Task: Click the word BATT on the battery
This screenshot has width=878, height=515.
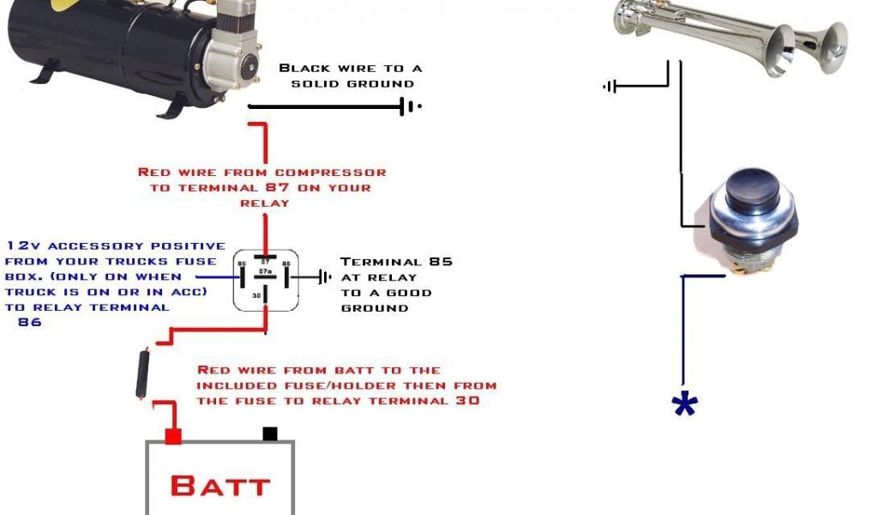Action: [219, 486]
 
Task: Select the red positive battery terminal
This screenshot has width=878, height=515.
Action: [173, 436]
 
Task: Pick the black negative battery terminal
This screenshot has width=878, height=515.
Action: [270, 434]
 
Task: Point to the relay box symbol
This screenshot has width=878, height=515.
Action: [266, 278]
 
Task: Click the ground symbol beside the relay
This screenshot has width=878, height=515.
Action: [324, 277]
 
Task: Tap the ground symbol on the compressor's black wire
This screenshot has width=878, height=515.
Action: [409, 107]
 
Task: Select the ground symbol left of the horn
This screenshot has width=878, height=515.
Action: [610, 86]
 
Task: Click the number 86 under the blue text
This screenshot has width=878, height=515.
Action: [29, 323]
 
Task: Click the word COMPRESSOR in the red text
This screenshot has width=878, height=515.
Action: [330, 173]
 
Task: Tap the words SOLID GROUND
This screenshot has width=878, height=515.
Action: [352, 84]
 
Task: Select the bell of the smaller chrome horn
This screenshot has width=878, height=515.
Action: [832, 47]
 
